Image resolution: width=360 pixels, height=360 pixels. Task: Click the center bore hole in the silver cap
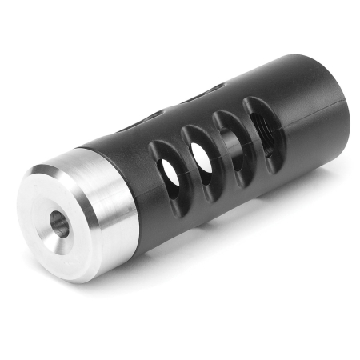[x=60, y=224]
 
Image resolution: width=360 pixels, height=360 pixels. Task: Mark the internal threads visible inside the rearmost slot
[x=264, y=124]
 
